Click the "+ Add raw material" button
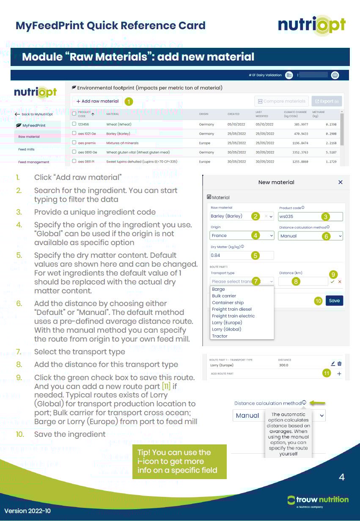[x=98, y=102]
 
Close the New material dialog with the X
[x=341, y=182]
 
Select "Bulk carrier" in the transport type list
[x=224, y=296]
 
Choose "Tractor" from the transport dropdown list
[x=220, y=336]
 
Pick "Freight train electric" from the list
[x=234, y=316]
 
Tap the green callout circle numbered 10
[x=319, y=300]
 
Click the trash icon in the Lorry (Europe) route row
[x=340, y=364]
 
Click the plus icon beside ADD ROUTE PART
[x=339, y=374]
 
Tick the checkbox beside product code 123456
[x=74, y=124]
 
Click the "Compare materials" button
[x=281, y=102]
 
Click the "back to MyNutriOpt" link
[x=34, y=114]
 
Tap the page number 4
[x=342, y=477]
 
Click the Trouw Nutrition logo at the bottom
[x=318, y=500]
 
